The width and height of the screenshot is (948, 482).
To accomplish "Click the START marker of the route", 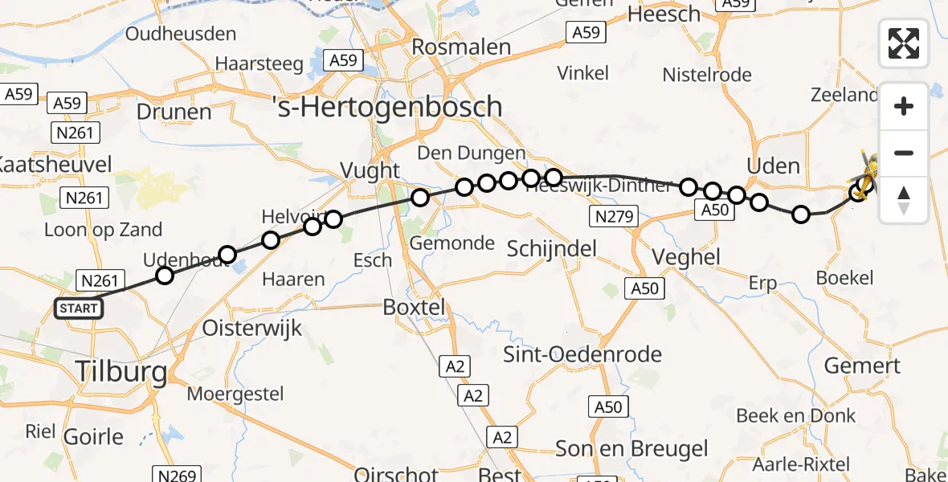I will click(x=79, y=308).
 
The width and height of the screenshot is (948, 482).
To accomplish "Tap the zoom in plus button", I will click(x=904, y=106).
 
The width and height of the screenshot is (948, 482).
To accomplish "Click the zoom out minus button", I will click(x=904, y=153).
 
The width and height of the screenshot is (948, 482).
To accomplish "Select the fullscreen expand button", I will click(x=904, y=43).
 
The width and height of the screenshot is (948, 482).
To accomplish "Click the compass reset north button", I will click(x=904, y=200).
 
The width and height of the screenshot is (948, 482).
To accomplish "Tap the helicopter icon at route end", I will click(x=868, y=172).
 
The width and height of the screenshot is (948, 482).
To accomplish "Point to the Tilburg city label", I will click(x=121, y=372).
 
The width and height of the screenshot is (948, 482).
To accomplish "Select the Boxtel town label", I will click(x=414, y=307).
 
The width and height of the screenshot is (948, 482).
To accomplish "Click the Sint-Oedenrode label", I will click(x=582, y=353).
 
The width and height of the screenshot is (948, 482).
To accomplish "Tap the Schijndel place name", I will click(x=552, y=249).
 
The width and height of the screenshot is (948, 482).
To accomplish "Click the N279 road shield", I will click(x=613, y=215).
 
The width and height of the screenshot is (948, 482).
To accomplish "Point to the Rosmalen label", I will click(x=461, y=47).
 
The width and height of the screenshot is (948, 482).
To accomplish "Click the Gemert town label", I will click(x=862, y=366).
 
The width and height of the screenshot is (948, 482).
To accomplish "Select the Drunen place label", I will click(x=174, y=111).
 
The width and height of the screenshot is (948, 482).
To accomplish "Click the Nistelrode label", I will click(x=707, y=76).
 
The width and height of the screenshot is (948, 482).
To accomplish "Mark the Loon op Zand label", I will click(x=103, y=230).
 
